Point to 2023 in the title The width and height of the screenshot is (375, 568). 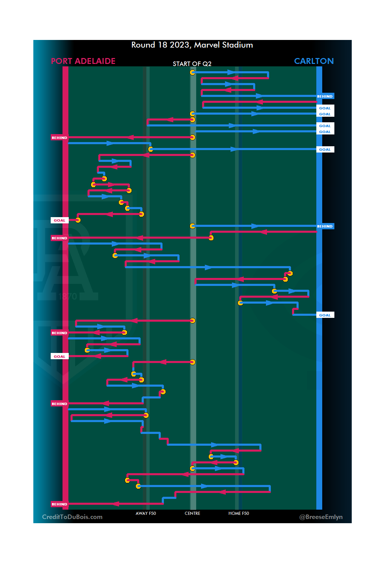(x=179, y=45)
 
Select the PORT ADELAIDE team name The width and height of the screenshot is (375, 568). (x=83, y=61)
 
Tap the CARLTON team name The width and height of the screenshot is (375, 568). (x=314, y=61)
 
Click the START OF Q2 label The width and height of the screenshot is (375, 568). (x=192, y=64)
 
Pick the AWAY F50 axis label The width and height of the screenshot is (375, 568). (x=146, y=513)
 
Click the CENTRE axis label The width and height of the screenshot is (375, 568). (x=192, y=513)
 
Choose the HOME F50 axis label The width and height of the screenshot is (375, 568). (x=239, y=513)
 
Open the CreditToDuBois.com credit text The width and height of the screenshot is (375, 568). (x=72, y=517)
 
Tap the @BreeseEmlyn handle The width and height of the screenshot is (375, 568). (x=321, y=517)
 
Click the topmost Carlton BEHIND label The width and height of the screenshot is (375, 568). (x=325, y=97)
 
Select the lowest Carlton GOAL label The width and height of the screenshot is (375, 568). (x=325, y=315)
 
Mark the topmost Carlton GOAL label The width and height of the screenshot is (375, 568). (x=325, y=108)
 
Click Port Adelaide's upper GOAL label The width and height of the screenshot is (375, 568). (x=59, y=221)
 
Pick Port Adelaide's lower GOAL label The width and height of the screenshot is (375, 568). (x=59, y=357)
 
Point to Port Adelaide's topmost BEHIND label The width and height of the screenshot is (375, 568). (x=59, y=138)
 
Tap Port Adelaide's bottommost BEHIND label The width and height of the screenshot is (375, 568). (x=59, y=504)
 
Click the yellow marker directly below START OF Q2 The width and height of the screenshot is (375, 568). (x=193, y=72)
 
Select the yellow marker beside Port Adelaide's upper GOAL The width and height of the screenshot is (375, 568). (x=78, y=220)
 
